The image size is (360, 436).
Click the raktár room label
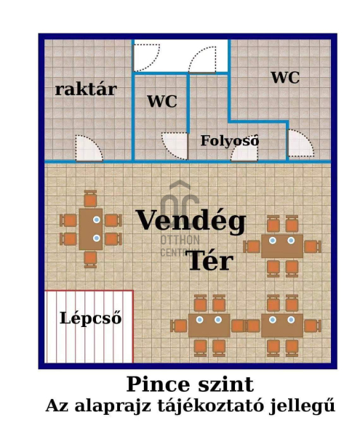(86, 89)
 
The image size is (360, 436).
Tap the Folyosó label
(230, 140)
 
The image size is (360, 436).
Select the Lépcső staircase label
(91, 318)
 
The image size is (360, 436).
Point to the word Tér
(211, 260)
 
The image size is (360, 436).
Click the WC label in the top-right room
(285, 77)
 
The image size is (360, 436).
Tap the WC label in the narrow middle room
(162, 101)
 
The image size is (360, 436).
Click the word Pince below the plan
(159, 384)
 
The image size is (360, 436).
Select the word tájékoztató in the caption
(210, 406)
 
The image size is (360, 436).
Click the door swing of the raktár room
(89, 148)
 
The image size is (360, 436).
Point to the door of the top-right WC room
(301, 143)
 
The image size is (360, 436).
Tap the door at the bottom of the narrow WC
(175, 146)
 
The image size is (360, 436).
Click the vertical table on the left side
(91, 229)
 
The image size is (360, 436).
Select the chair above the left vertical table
(90, 198)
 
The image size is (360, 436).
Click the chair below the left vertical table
(90, 259)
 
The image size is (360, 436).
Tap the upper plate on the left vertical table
(97, 219)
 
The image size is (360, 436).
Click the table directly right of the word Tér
(282, 246)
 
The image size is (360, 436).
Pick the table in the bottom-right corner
(282, 326)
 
